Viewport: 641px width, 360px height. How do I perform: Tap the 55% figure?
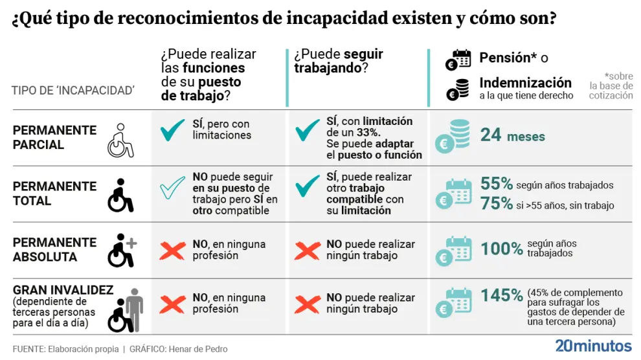(x=497, y=184)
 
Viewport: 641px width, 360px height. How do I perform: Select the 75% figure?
(x=497, y=203)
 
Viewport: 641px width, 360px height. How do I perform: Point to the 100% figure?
(x=502, y=248)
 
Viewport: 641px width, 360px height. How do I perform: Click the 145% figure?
(x=502, y=295)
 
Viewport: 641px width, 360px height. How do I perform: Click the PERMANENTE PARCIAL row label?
(x=54, y=137)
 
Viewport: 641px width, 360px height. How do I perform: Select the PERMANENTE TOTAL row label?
(x=54, y=193)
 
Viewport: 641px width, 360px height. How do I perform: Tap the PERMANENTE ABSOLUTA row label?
(x=54, y=249)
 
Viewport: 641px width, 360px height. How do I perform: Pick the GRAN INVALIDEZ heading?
(x=63, y=291)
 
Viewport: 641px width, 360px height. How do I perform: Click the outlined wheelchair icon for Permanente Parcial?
(x=120, y=141)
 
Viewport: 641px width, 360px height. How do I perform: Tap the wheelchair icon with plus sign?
(x=121, y=251)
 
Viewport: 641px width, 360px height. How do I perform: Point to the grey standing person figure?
(x=134, y=308)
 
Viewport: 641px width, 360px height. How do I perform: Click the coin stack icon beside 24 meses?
(x=454, y=136)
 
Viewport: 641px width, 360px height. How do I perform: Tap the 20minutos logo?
(x=593, y=344)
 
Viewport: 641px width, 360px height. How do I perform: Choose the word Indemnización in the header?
(x=525, y=83)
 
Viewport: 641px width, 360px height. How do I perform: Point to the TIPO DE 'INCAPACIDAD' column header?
(x=73, y=90)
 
